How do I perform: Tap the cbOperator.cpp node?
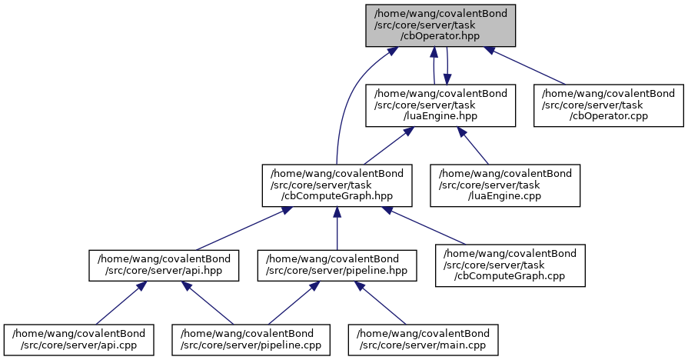pos(609,105)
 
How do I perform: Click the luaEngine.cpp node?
pos(504,185)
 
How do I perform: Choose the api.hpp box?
pos(162,265)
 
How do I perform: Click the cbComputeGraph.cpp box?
pos(510,265)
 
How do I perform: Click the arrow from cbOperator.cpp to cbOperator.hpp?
pos(529,65)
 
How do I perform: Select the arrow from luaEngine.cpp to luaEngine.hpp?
pos(474,145)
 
